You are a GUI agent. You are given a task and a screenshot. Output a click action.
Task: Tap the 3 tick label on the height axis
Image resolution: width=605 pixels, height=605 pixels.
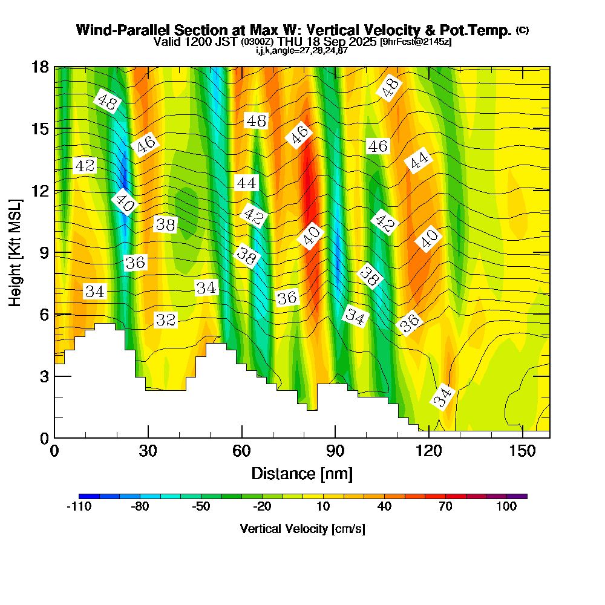44,376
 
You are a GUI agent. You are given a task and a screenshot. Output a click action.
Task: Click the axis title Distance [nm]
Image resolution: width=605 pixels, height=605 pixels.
302,473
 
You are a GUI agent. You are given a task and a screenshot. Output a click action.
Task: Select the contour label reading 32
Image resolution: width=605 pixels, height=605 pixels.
165,320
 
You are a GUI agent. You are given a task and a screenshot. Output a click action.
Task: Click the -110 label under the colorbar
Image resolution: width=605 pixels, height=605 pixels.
79,507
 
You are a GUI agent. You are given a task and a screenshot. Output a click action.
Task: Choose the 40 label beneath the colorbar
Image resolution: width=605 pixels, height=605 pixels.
384,507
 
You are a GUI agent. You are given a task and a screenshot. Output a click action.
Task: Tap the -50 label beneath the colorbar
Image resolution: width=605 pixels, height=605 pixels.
201,507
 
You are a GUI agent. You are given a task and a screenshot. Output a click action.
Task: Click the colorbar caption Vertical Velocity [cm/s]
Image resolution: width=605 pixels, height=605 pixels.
302,529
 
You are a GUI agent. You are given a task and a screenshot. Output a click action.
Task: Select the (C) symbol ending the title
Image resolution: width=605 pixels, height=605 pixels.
522,30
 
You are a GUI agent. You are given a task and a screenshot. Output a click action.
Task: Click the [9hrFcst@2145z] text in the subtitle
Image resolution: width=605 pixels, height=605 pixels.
415,42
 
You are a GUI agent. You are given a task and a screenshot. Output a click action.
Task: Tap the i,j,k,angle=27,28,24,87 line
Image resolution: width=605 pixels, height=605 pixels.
302,50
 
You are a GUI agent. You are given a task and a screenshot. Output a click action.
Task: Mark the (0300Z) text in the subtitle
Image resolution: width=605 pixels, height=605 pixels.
258,42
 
